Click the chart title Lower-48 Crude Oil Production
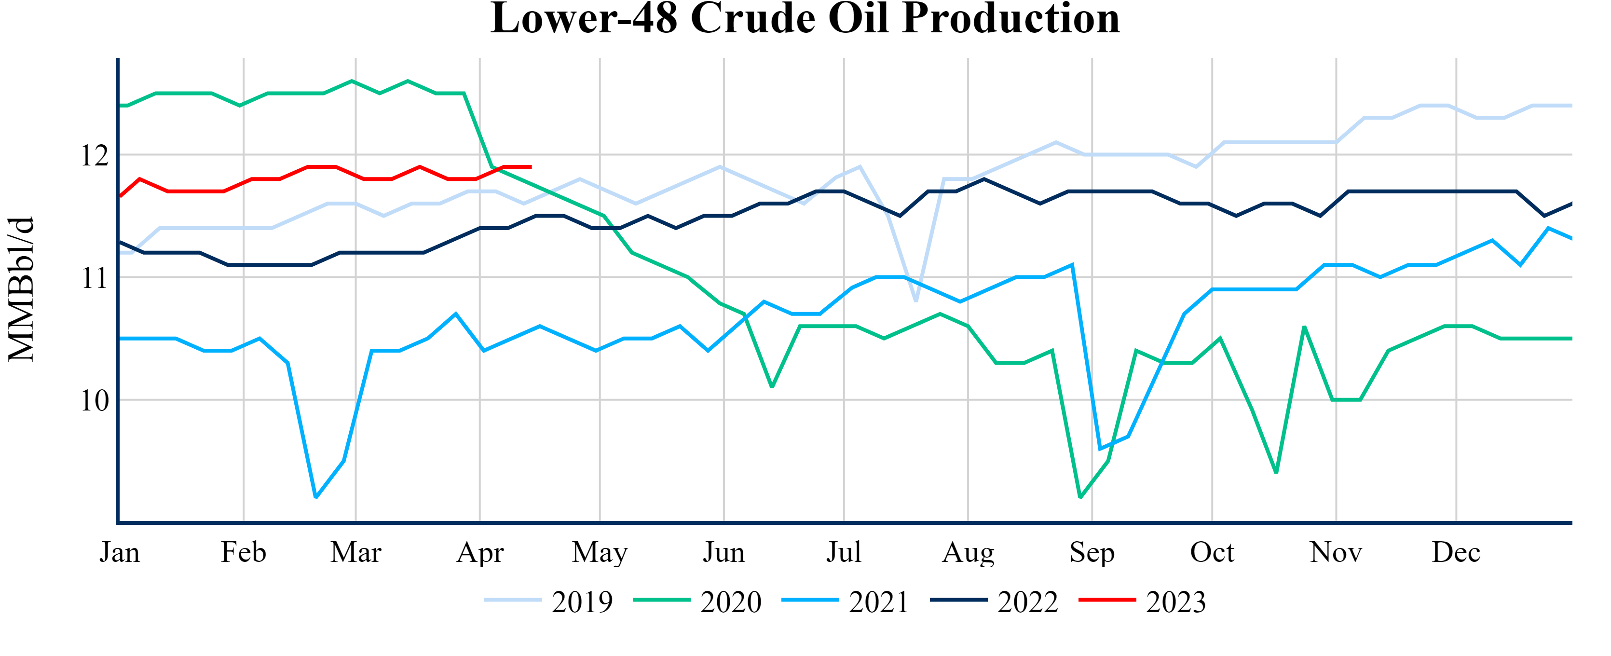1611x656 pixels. tap(805, 19)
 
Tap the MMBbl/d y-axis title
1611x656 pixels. tap(21, 289)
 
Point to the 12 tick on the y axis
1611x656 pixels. tap(95, 155)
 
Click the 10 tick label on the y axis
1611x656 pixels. tap(95, 400)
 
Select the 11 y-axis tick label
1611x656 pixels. tap(95, 278)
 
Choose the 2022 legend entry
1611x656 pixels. tap(995, 601)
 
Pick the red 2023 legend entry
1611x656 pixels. tap(1143, 601)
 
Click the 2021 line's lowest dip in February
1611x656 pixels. tap(316, 497)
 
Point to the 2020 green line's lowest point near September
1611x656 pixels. tap(1080, 497)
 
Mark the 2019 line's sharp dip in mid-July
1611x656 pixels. tap(916, 301)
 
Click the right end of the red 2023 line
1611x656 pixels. tap(531, 167)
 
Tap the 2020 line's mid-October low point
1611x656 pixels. tap(1276, 473)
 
